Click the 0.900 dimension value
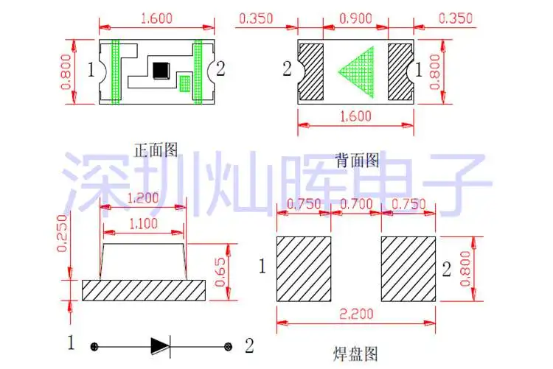point(355,15)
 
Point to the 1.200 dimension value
point(143,198)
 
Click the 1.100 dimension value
point(143,222)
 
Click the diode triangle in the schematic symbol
point(160,345)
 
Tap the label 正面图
point(156,151)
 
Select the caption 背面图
point(357,159)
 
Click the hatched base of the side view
point(143,289)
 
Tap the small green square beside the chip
point(185,83)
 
